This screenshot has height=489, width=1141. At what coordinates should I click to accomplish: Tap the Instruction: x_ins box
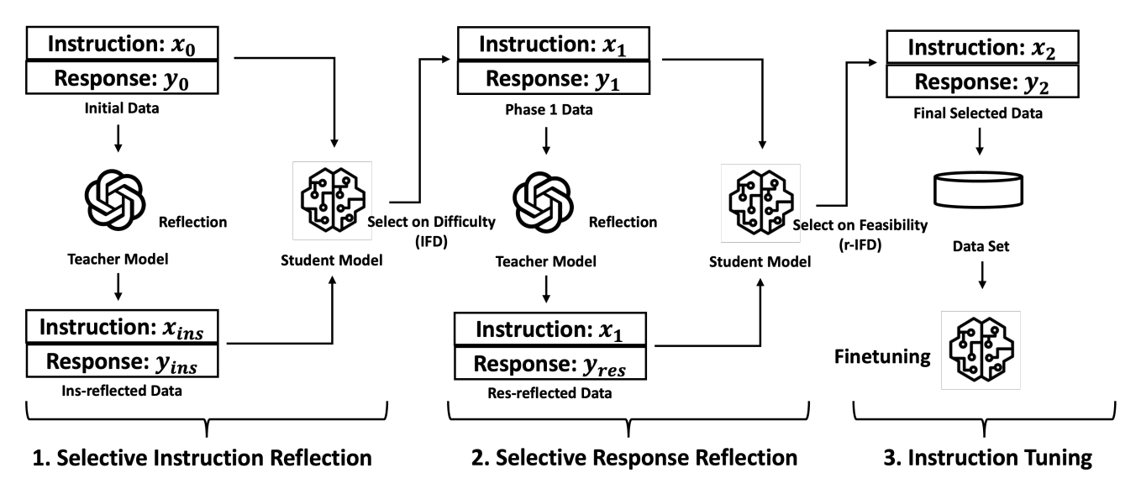118,328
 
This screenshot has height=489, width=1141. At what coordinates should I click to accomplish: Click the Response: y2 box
980,82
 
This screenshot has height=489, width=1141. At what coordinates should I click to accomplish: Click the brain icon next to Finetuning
981,350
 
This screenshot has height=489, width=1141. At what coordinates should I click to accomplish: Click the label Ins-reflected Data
118,390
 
